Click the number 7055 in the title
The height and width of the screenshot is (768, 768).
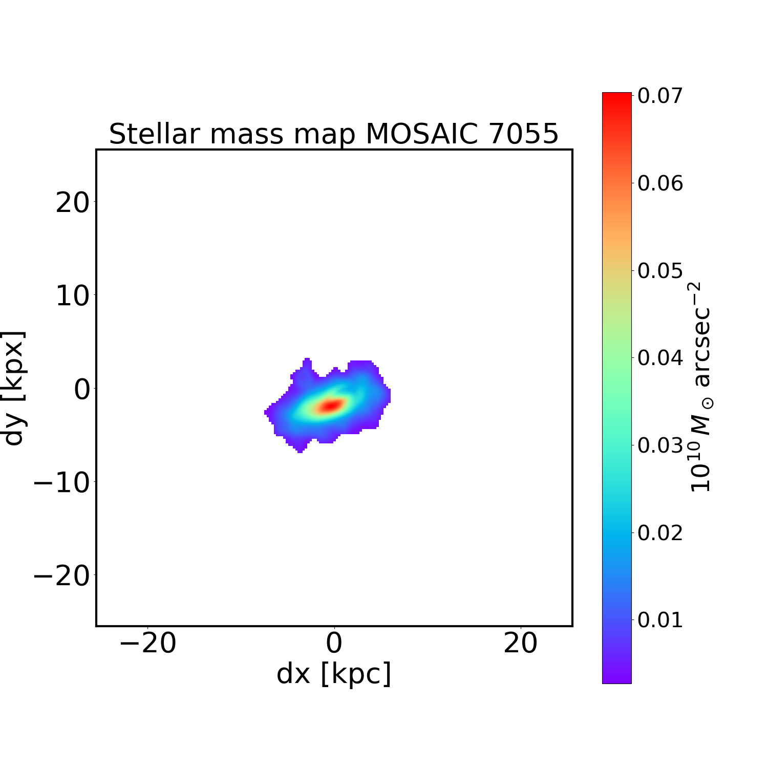click(x=523, y=134)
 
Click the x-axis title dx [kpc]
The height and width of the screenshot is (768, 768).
click(x=334, y=673)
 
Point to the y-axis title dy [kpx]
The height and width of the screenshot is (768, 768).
click(x=14, y=388)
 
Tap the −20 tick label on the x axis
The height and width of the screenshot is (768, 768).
click(x=147, y=644)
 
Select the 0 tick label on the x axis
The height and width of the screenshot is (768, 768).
click(x=334, y=644)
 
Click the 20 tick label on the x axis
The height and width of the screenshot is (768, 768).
click(x=520, y=644)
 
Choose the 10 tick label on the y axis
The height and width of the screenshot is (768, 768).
click(x=72, y=296)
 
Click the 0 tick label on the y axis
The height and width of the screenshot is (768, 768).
click(x=81, y=390)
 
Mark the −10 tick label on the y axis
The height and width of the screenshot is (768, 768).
click(x=61, y=483)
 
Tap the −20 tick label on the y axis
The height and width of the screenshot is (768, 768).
click(x=61, y=577)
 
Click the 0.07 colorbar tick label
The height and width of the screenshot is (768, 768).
click(x=660, y=96)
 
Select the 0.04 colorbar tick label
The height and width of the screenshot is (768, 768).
click(x=660, y=358)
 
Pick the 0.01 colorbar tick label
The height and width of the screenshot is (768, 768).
click(x=660, y=620)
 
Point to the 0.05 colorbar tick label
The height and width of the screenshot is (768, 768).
click(x=660, y=271)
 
